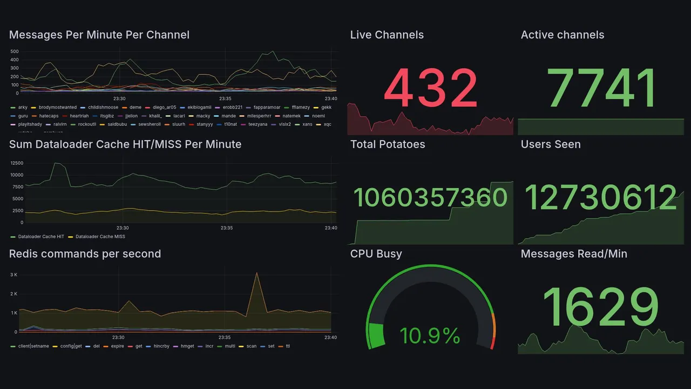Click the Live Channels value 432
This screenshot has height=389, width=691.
point(430,88)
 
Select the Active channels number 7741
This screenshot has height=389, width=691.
point(601,88)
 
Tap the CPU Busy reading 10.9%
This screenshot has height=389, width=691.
point(430,336)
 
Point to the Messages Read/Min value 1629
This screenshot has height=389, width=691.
point(600,307)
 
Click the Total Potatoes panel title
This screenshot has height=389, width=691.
point(387,144)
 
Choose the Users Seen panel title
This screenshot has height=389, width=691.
point(550,144)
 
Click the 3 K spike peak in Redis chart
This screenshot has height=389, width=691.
point(256,273)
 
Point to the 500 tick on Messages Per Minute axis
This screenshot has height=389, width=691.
point(15,52)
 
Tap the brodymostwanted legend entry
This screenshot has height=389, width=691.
point(57,108)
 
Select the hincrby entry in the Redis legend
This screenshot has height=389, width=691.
point(161,346)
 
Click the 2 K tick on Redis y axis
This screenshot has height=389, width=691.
point(14,294)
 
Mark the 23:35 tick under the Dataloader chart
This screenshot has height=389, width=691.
point(226,228)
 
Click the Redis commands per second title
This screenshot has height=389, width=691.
point(85,254)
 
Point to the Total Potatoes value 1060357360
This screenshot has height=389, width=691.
point(430,197)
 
